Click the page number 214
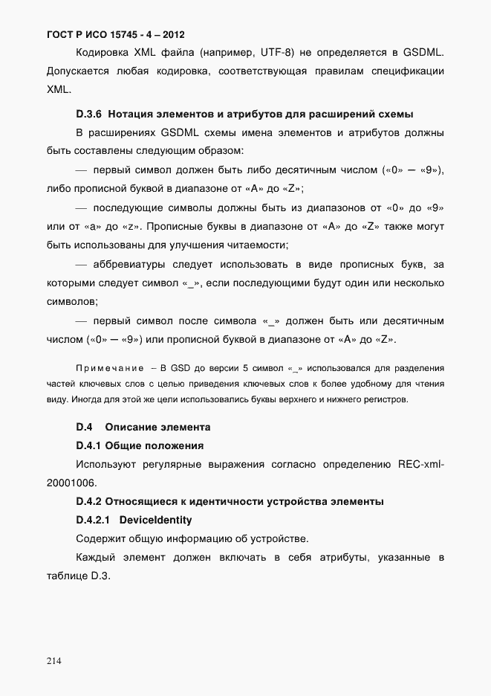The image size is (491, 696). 54,660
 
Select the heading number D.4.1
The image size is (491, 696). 88,446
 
